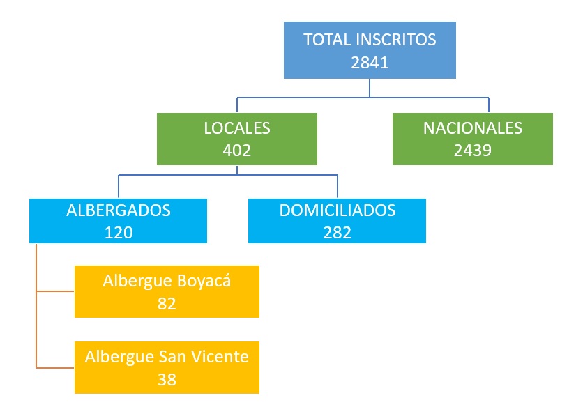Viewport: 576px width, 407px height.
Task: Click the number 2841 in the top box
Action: pyautogui.click(x=370, y=61)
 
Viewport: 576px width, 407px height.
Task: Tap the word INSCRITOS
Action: pyautogui.click(x=395, y=39)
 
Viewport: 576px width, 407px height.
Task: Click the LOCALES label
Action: pyautogui.click(x=237, y=128)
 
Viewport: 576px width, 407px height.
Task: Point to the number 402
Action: pyautogui.click(x=237, y=150)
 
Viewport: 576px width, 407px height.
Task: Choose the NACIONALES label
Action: pyautogui.click(x=473, y=128)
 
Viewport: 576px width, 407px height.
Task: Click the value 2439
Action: pyautogui.click(x=473, y=150)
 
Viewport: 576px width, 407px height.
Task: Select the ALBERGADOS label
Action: pyautogui.click(x=119, y=210)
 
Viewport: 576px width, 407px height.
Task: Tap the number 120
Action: pyautogui.click(x=119, y=232)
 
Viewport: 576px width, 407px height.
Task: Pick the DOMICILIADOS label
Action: pyautogui.click(x=338, y=210)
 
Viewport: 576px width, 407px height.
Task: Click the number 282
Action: pyautogui.click(x=338, y=232)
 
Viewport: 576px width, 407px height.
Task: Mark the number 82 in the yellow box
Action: pyautogui.click(x=167, y=304)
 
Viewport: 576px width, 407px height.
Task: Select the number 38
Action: pyautogui.click(x=167, y=379)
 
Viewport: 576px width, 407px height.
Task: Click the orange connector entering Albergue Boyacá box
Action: pyautogui.click(x=56, y=291)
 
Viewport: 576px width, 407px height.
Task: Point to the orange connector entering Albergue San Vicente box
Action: pyautogui.click(x=56, y=367)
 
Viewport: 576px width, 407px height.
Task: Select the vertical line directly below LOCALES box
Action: pyautogui.click(x=237, y=170)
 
